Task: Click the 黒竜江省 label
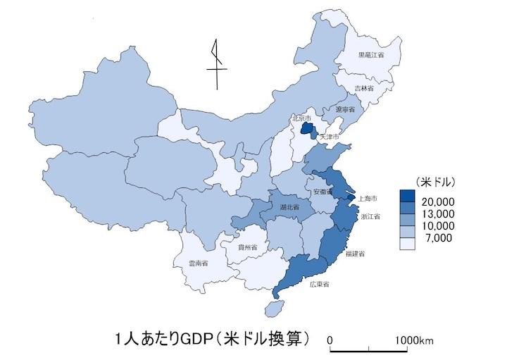pos(370,54)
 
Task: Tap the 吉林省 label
pos(365,89)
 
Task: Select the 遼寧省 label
pos(346,110)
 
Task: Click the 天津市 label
pos(330,135)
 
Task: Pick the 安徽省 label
pos(323,192)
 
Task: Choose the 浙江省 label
pos(370,217)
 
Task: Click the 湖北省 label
pos(289,208)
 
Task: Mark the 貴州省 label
pos(247,247)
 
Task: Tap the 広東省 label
pos(320,284)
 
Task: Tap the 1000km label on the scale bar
pos(415,341)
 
